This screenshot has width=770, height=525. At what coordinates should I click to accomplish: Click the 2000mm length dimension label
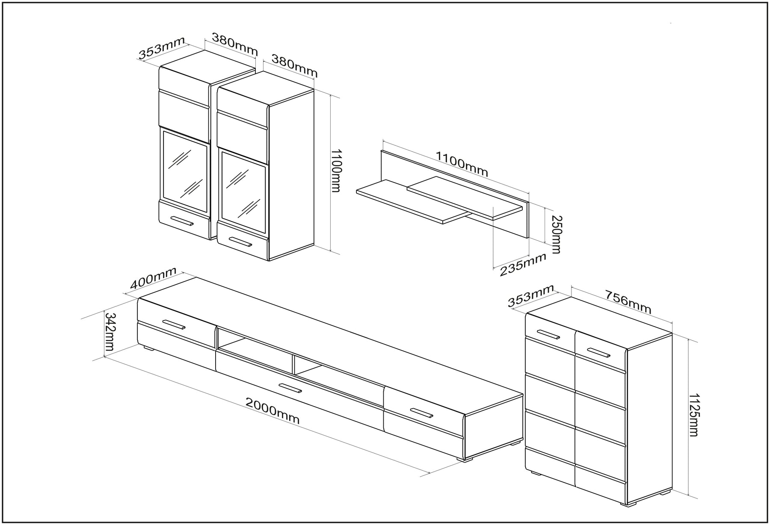click(x=272, y=410)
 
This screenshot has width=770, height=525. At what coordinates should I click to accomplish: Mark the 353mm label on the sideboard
click(x=531, y=295)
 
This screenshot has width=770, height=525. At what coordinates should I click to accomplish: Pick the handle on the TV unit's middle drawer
click(x=290, y=388)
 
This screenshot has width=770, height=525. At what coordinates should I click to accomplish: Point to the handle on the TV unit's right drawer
click(x=422, y=413)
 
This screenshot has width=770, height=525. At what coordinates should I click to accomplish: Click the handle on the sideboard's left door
click(x=548, y=334)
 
